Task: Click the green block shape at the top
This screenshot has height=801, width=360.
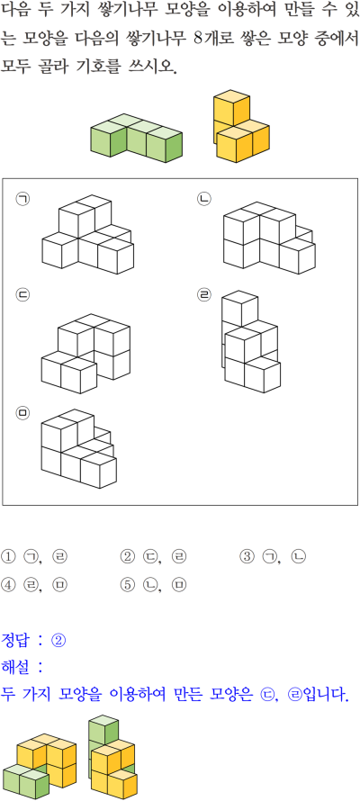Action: point(136,138)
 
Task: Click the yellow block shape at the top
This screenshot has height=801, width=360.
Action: point(241,126)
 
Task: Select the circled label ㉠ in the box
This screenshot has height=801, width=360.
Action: point(22,199)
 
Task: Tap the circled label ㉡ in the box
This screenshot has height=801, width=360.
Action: point(204,199)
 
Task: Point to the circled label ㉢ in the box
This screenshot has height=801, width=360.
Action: point(22,295)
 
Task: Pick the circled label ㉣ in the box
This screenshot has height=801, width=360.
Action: point(204,295)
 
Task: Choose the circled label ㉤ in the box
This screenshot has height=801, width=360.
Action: point(22,413)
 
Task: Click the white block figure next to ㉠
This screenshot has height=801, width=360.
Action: point(88,234)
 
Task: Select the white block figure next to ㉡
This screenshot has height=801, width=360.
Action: point(269,238)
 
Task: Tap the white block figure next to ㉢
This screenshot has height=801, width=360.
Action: point(85,354)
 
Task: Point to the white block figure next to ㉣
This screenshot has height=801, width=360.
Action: point(251,341)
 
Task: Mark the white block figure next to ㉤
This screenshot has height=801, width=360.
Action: point(78,448)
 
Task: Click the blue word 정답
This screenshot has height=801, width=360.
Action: point(16,640)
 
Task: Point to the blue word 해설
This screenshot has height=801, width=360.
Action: point(16,667)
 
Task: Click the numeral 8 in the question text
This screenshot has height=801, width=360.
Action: point(199,40)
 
